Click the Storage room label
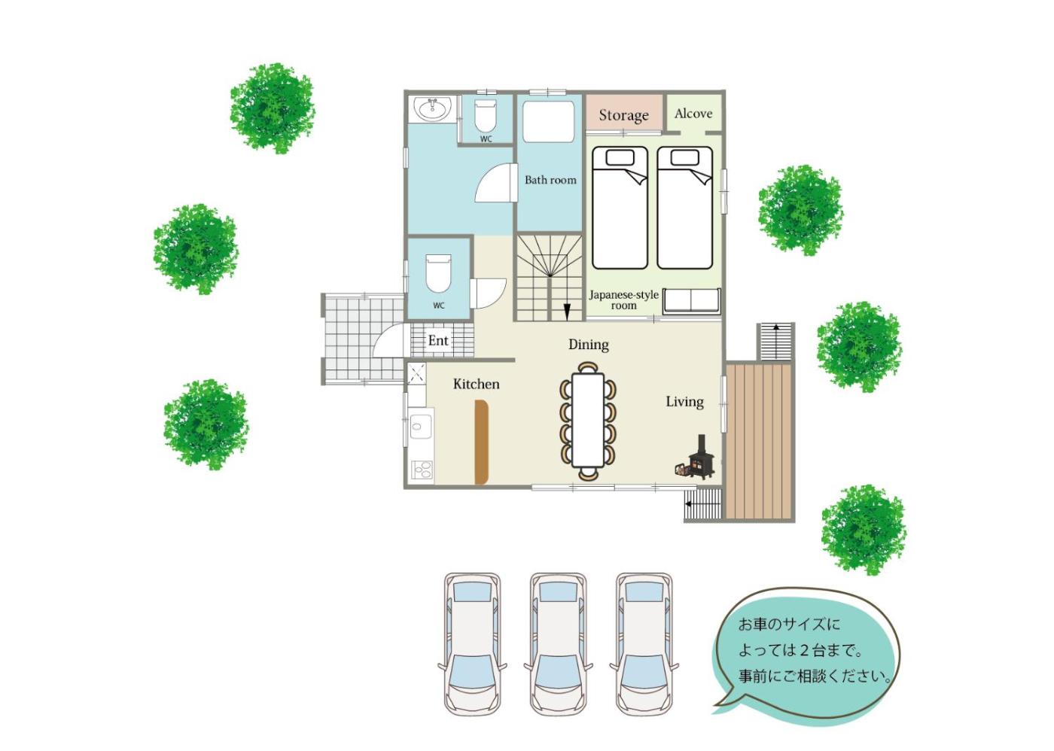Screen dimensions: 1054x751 coord(623,115)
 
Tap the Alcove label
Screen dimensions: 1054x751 coord(693,114)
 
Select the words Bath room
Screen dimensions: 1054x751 coord(550,180)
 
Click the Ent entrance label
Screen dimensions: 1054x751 coord(437,340)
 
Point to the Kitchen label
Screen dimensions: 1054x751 coord(476,385)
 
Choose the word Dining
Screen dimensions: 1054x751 coord(588,345)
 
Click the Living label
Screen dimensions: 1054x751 coord(684,402)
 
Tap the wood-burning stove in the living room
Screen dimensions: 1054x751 coord(698,458)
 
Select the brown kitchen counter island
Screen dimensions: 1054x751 coord(481,442)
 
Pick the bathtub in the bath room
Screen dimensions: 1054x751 coord(548,121)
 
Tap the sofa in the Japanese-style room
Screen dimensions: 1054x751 coord(691,301)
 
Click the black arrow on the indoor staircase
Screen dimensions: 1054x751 coord(567,312)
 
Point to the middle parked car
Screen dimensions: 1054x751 coord(558,643)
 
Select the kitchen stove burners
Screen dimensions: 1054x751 coord(422,470)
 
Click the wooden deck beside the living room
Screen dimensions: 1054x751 coord(759,441)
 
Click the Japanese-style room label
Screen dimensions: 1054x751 coord(623,300)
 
